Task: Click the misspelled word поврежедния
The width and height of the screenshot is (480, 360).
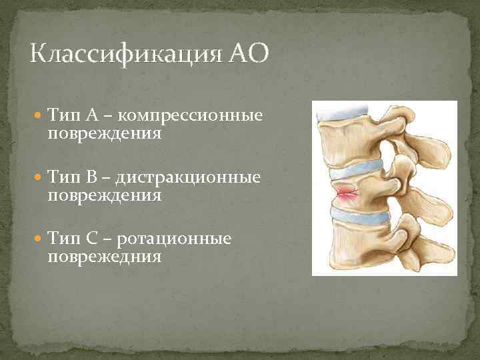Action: click(105, 257)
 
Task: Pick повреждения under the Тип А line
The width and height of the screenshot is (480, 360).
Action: click(105, 134)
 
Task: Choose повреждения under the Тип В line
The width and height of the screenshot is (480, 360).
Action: click(105, 195)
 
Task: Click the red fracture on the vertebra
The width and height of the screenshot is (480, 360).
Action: click(347, 194)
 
